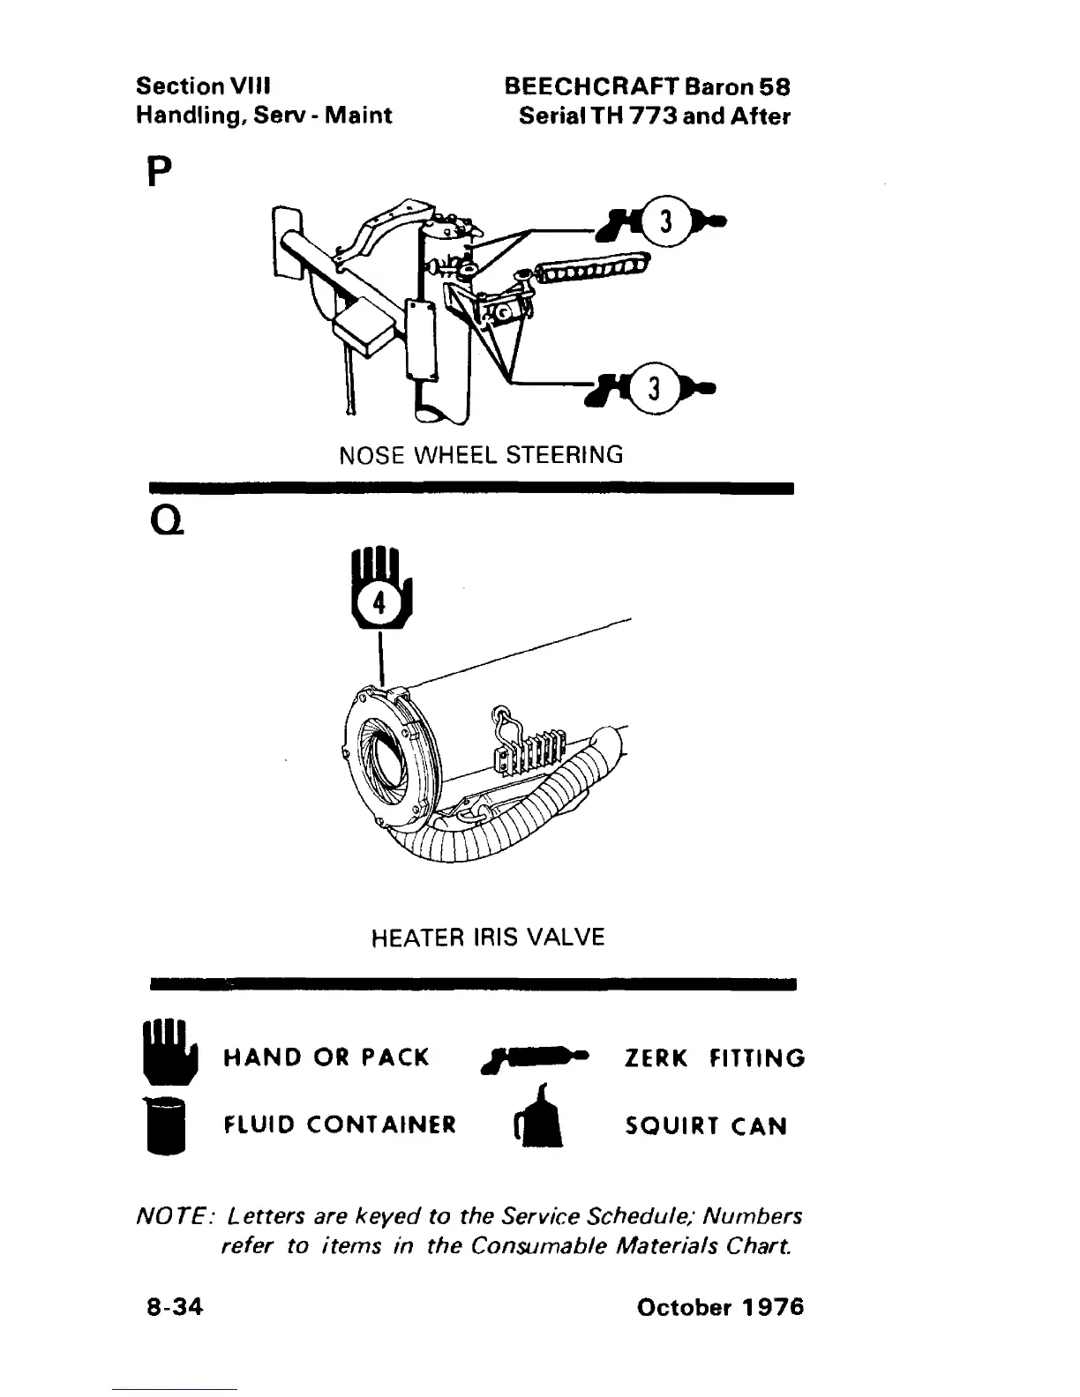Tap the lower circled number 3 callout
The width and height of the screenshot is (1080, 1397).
[x=654, y=387]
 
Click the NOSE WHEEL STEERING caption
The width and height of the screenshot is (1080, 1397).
[x=481, y=455]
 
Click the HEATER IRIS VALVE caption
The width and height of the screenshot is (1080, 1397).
[x=488, y=937]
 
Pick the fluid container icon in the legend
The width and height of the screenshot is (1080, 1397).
[x=167, y=1123]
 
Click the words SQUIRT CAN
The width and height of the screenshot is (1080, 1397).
[x=705, y=1126]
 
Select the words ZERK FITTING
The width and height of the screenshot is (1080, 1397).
[x=715, y=1057]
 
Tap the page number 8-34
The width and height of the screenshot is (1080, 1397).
[x=175, y=1306]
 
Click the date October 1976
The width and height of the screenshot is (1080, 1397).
[x=720, y=1306]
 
